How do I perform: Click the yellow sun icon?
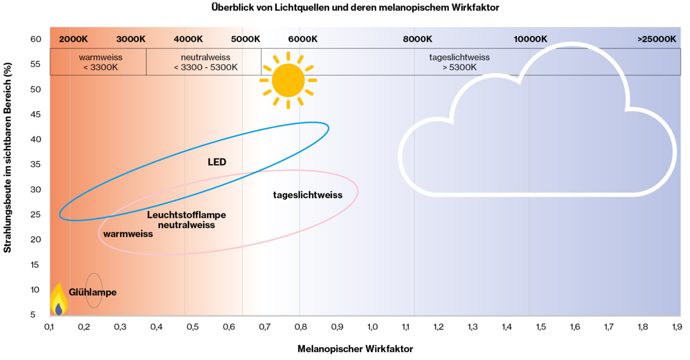click(288, 80)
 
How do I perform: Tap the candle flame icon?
click(58, 299)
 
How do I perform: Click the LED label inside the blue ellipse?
click(217, 163)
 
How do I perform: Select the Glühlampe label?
click(92, 292)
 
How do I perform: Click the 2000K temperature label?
click(73, 39)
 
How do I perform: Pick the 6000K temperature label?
click(302, 39)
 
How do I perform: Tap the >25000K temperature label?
click(656, 39)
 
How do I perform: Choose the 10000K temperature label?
click(530, 39)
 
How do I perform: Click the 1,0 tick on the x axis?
click(372, 327)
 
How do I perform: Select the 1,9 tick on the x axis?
click(677, 327)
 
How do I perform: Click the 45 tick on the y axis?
click(35, 115)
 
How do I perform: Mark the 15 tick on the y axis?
click(35, 265)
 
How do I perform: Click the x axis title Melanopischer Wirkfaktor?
click(355, 349)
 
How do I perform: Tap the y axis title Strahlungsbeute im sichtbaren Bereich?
click(8, 158)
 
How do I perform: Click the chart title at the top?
click(355, 8)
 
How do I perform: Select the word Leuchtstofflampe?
click(187, 215)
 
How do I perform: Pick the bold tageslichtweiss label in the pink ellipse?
click(308, 195)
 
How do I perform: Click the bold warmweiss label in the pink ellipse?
click(128, 234)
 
